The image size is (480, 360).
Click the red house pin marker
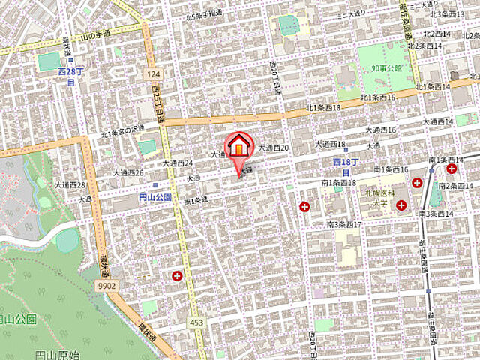[x=240, y=147]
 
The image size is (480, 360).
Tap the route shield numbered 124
[x=154, y=73]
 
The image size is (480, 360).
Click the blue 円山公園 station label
[x=155, y=197]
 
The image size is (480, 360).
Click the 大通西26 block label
[x=128, y=172]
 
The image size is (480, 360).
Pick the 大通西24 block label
[x=178, y=163]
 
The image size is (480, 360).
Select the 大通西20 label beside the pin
[x=274, y=148]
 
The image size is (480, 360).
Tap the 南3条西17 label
[x=344, y=223]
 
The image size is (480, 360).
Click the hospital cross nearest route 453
[x=177, y=276]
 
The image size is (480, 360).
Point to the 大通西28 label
[x=70, y=184]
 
